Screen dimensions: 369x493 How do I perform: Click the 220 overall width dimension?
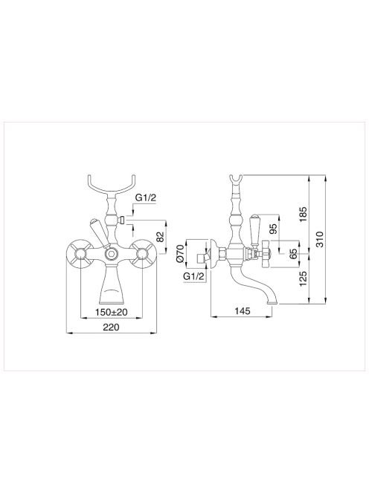(112, 327)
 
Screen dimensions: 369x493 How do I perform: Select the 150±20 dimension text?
(112, 313)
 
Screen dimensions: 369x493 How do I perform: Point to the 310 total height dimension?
(319, 239)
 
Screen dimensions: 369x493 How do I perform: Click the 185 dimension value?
(303, 214)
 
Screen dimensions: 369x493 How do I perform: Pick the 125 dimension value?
(303, 279)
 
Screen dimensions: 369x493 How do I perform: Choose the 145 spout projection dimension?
(243, 311)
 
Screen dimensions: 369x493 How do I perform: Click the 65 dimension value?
(292, 253)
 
